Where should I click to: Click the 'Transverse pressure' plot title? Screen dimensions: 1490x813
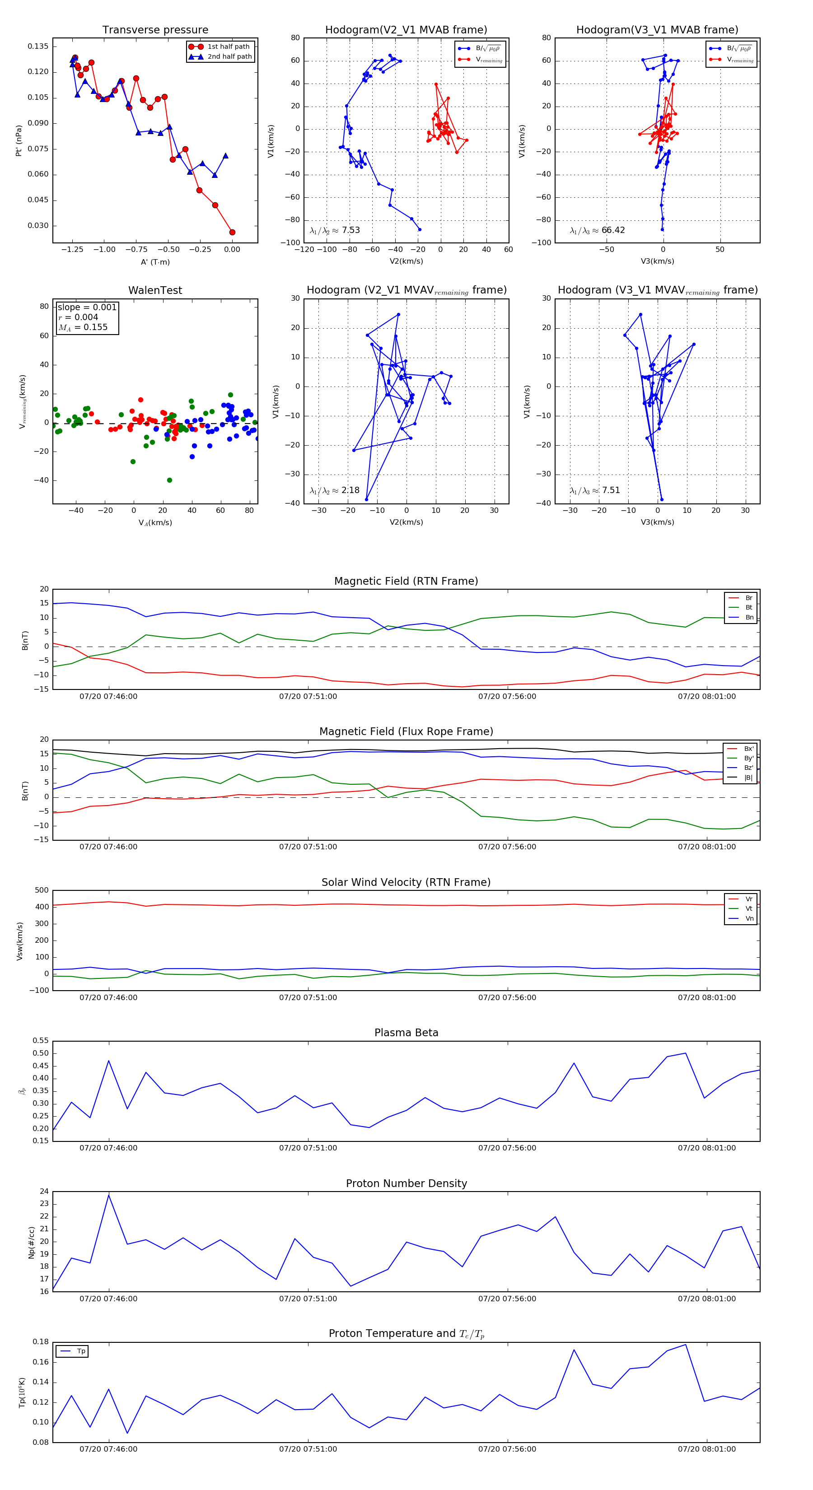[x=155, y=30]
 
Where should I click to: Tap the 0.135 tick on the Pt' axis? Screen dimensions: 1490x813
[x=38, y=46]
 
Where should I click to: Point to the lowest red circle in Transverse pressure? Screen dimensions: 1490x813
[x=232, y=232]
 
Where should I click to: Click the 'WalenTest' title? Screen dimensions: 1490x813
[x=155, y=290]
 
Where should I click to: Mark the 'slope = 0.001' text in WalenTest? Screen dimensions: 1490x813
[x=87, y=307]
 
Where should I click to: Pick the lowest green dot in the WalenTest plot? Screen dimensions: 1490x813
[x=169, y=480]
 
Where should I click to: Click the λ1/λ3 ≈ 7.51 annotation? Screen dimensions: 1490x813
[x=595, y=490]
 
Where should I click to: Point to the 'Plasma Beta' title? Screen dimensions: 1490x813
[x=406, y=1033]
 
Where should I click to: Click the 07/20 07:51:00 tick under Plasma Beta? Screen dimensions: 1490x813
[x=308, y=1148]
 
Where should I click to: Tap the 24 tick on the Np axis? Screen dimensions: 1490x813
[x=45, y=1192]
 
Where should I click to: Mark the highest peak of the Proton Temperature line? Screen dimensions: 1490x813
[x=686, y=1344]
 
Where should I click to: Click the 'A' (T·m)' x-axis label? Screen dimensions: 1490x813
[x=155, y=262]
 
